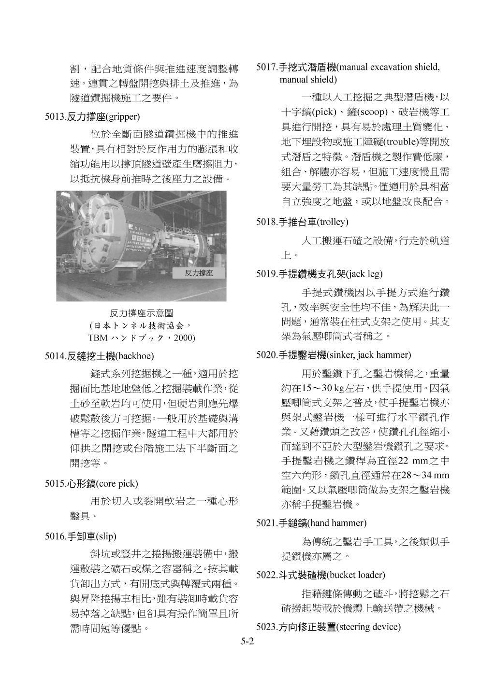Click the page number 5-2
247,642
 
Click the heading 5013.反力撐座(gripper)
92,117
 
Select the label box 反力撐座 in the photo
199,273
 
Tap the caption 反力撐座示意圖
141,313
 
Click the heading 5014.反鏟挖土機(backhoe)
99,356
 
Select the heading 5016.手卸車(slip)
81,536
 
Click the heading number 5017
266,67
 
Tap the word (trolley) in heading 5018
333,222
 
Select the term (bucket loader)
356,575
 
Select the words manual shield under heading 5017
308,79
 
